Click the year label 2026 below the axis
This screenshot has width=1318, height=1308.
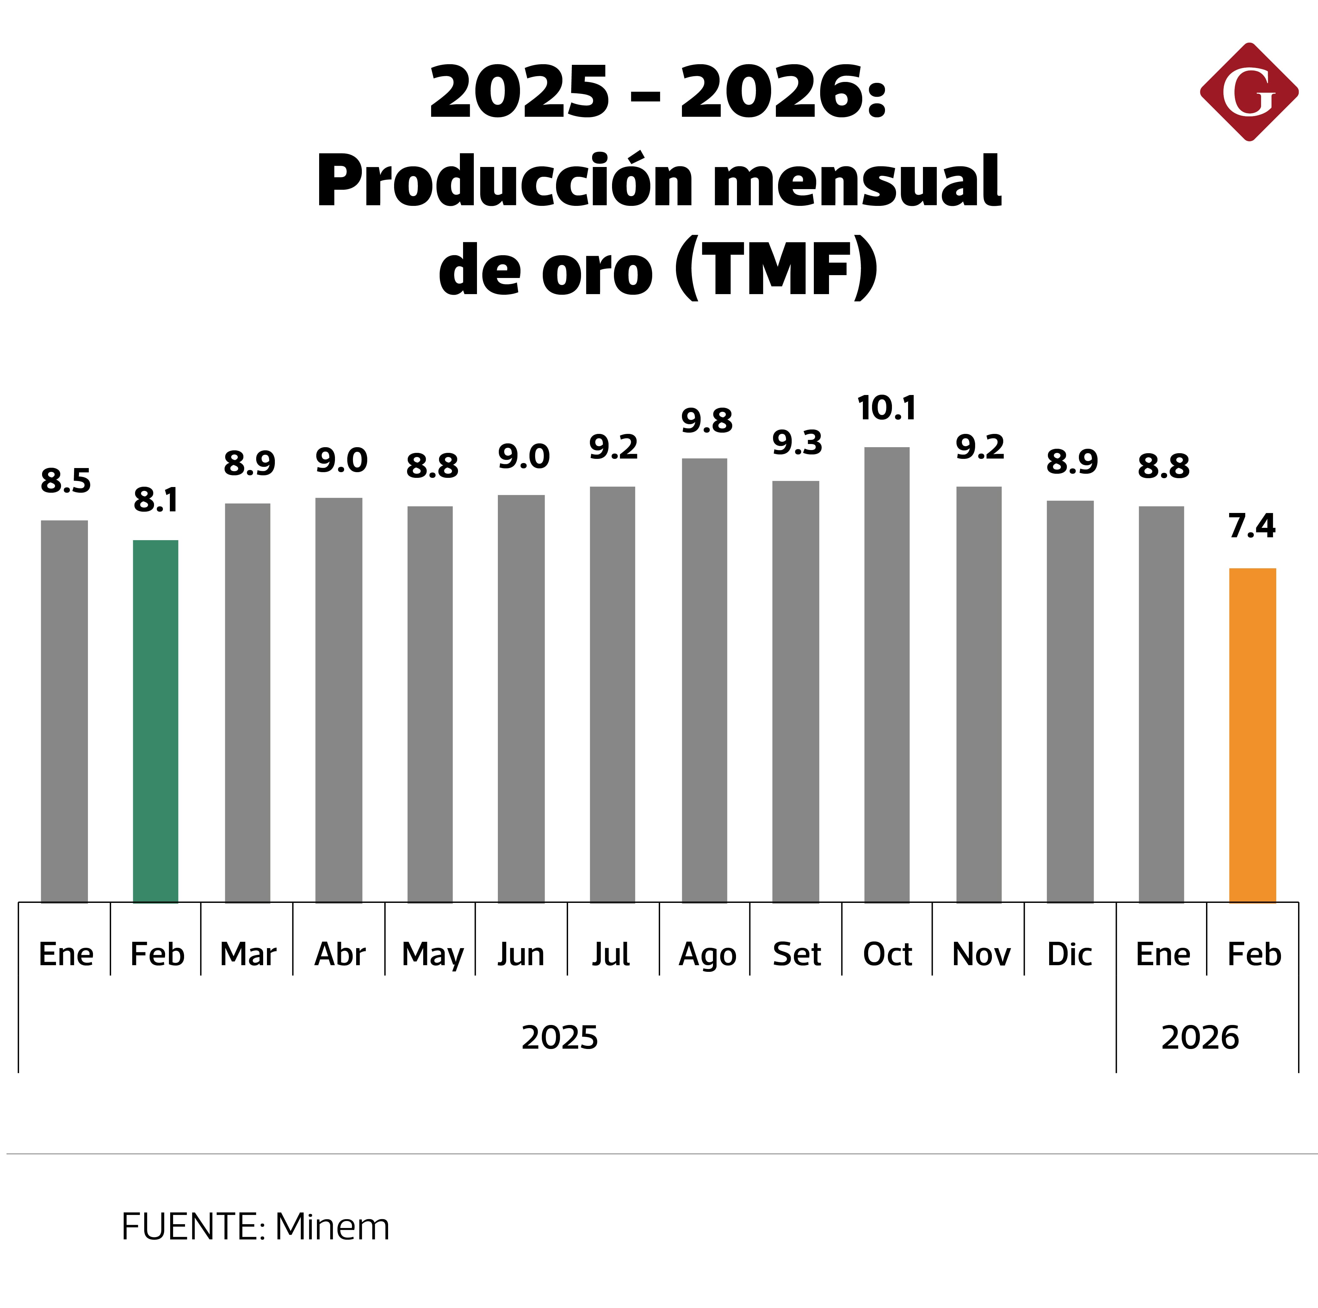click(1200, 1037)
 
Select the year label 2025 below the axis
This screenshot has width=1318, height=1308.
click(560, 1037)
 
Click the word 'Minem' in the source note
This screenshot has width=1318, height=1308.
click(332, 1227)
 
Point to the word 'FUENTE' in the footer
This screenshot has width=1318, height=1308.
click(190, 1227)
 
